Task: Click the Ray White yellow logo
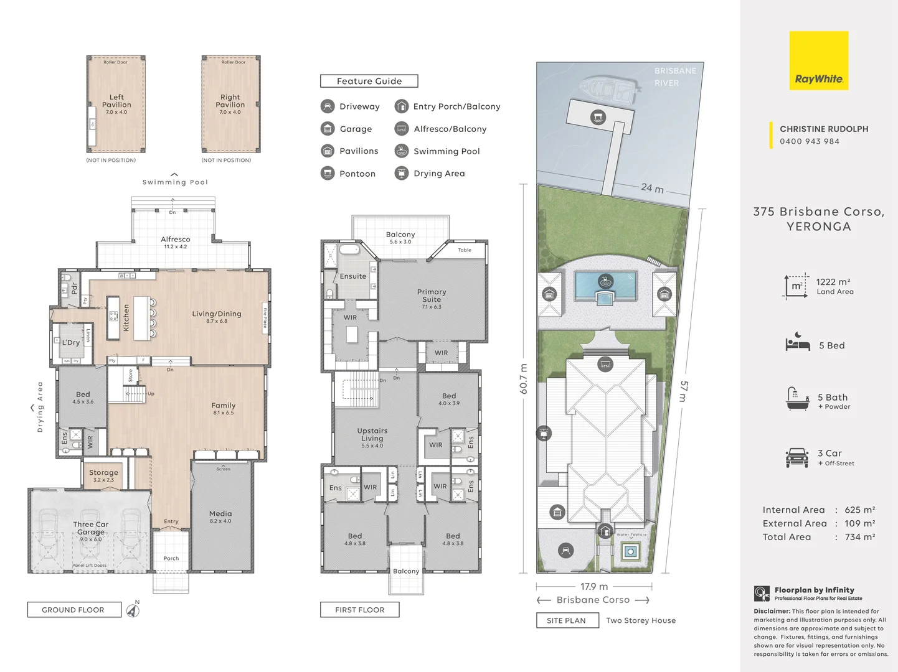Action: click(818, 61)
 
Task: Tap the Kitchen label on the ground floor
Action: click(126, 317)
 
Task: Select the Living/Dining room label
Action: click(217, 314)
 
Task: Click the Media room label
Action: click(220, 514)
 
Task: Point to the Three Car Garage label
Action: click(91, 528)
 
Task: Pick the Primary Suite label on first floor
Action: click(432, 296)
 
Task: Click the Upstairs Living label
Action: click(372, 434)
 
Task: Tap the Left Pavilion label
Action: click(116, 101)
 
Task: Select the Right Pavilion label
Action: click(230, 101)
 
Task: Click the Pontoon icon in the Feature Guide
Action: click(328, 174)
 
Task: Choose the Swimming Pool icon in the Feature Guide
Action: click(402, 151)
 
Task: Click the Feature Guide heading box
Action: click(369, 81)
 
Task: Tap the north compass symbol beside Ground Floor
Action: click(133, 610)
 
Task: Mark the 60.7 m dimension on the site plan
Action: click(523, 379)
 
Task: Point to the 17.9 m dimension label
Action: click(594, 587)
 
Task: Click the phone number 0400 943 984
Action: click(810, 141)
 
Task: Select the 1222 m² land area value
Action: click(833, 282)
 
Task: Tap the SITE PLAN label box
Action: click(567, 620)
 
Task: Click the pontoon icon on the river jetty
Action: click(598, 117)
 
